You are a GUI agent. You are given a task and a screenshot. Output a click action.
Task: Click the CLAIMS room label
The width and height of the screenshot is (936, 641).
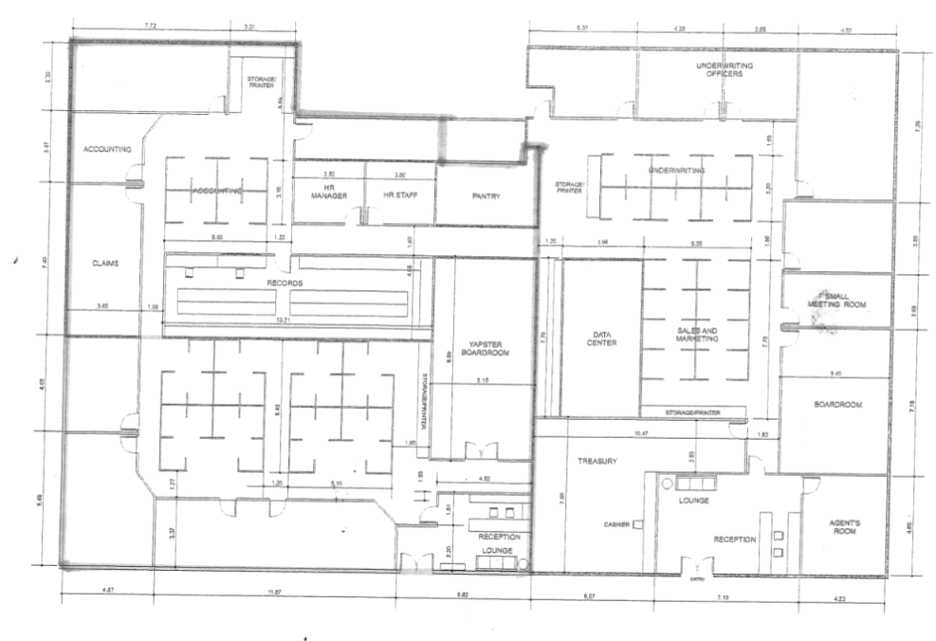tap(104, 264)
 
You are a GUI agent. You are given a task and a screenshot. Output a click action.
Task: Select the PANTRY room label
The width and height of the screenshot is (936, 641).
tap(486, 196)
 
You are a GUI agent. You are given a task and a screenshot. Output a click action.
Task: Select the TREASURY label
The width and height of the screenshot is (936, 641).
tap(597, 462)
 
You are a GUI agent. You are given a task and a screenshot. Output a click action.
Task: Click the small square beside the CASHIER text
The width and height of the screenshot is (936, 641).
tap(638, 524)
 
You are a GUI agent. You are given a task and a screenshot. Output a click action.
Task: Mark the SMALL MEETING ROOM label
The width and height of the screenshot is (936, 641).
tap(837, 299)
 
